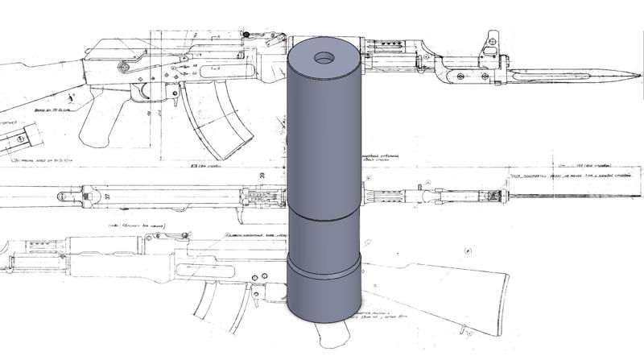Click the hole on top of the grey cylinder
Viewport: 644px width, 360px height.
[325, 59]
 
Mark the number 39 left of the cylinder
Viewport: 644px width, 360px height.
[261, 175]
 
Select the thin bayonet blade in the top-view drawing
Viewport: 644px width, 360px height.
[563, 196]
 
